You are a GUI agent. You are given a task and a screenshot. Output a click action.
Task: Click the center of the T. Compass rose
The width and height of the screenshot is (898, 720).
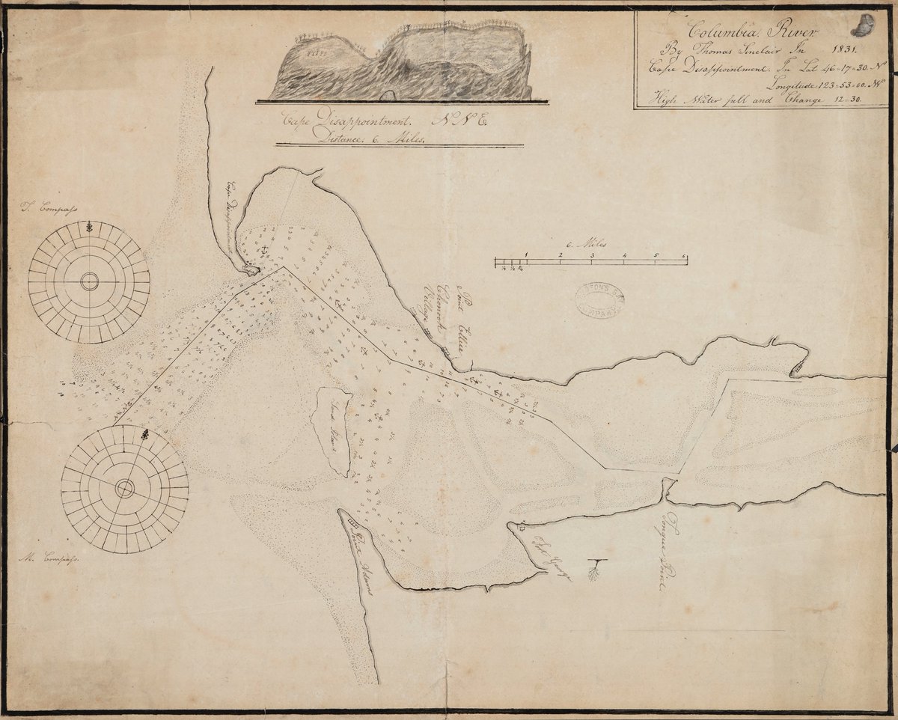pyautogui.click(x=89, y=282)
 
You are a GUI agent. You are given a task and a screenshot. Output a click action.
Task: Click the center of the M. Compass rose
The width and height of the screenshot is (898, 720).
pyautogui.click(x=124, y=489)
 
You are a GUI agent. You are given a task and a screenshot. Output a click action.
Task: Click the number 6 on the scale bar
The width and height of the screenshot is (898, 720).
pyautogui.click(x=685, y=255)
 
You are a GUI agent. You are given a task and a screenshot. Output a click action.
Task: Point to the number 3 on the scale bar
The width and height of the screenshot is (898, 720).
pyautogui.click(x=591, y=255)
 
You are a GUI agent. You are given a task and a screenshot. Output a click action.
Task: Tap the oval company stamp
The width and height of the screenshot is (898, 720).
pyautogui.click(x=600, y=300)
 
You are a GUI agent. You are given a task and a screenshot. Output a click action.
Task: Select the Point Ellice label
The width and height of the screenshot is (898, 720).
pyautogui.click(x=460, y=317)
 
